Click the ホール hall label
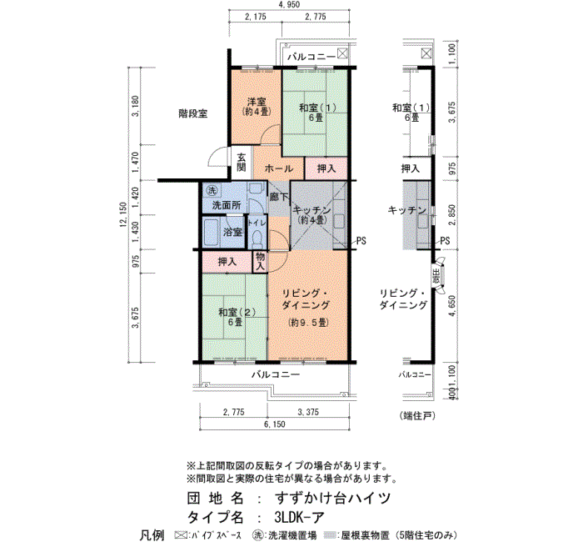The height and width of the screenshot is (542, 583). (x=277, y=168)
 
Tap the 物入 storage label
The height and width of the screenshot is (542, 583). (x=260, y=263)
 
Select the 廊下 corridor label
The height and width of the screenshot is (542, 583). (x=278, y=197)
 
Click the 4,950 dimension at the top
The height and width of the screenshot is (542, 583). (x=290, y=5)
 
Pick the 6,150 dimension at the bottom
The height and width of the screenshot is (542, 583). (x=274, y=425)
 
